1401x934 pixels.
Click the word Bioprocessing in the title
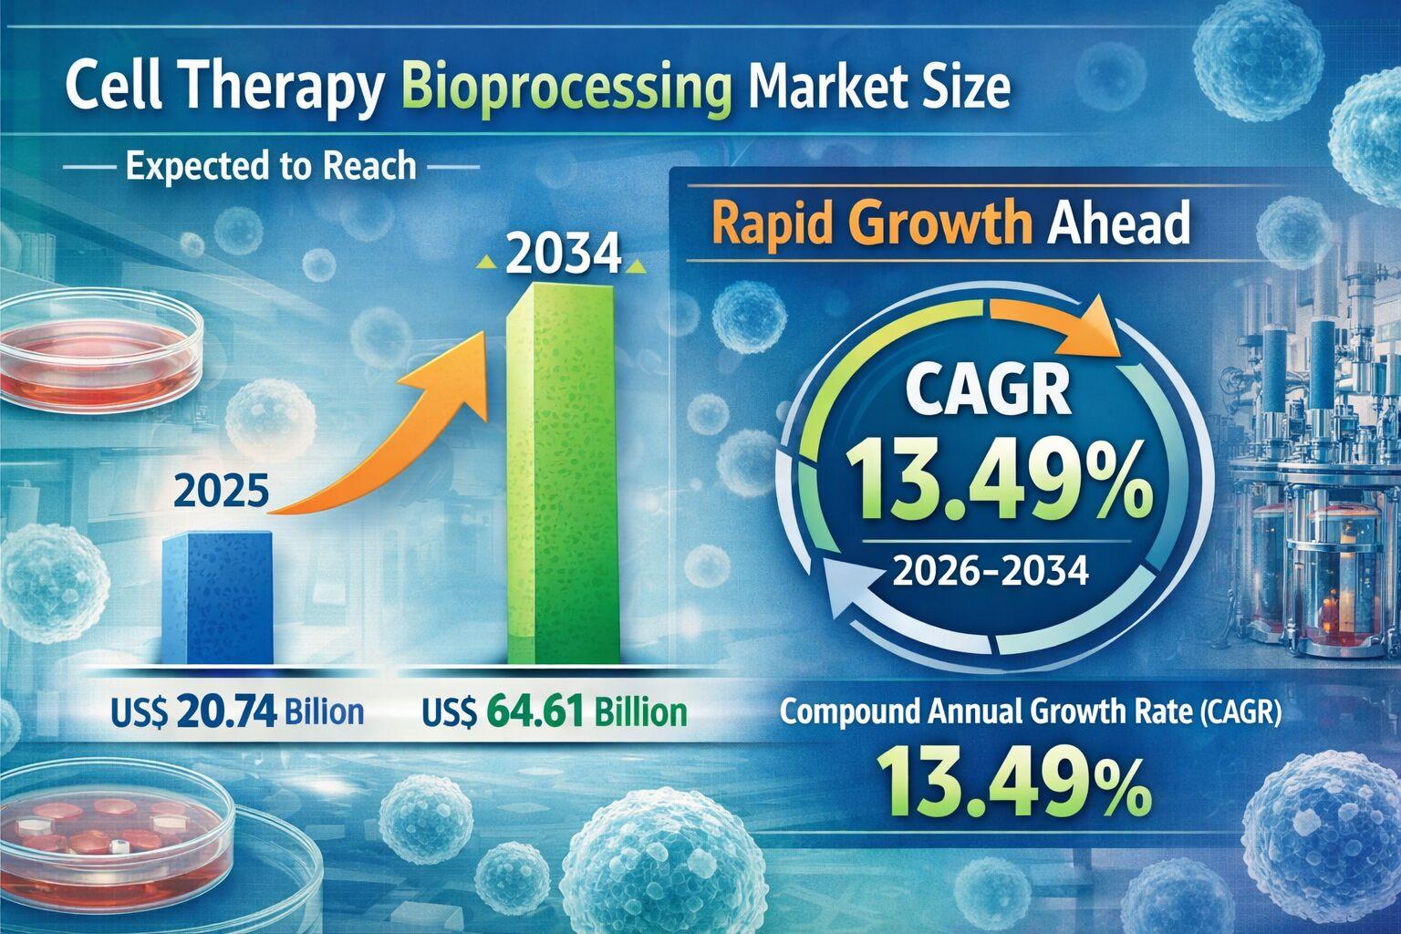[566, 92]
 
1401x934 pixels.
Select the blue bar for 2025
[217, 597]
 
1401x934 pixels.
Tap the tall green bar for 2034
[564, 474]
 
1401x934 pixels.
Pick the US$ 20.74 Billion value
[235, 711]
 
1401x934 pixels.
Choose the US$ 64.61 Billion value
[555, 711]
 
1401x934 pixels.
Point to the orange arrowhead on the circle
[1095, 336]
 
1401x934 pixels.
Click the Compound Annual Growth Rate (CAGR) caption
[1031, 712]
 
